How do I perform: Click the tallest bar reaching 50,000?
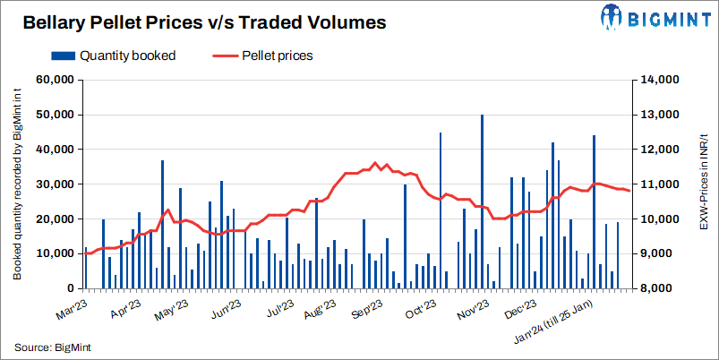point(482,201)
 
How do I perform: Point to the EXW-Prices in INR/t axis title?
point(704,184)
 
